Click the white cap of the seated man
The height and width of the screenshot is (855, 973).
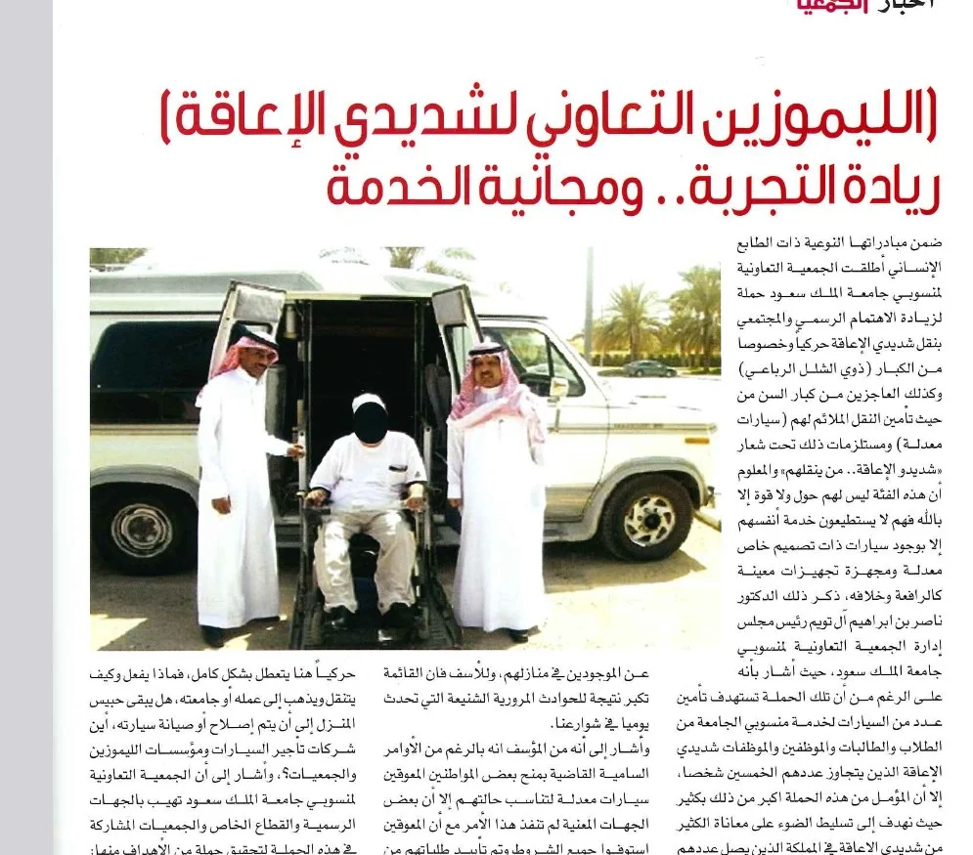point(368,403)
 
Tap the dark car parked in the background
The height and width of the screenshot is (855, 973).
point(649,367)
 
